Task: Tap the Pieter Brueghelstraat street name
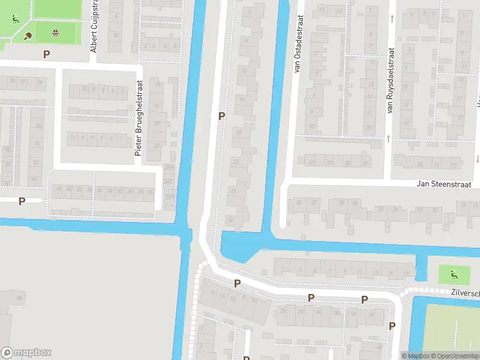pos(138,118)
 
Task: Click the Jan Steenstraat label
pos(447,184)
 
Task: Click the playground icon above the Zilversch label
pos(454,275)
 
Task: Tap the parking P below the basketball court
pos(46,54)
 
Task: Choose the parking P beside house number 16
pos(222,116)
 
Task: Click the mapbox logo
pos(26,353)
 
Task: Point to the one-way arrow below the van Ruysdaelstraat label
pos(389,139)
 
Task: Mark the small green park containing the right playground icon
pos(454,275)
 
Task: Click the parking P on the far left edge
pos(22,201)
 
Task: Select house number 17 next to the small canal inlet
pos(406,274)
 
